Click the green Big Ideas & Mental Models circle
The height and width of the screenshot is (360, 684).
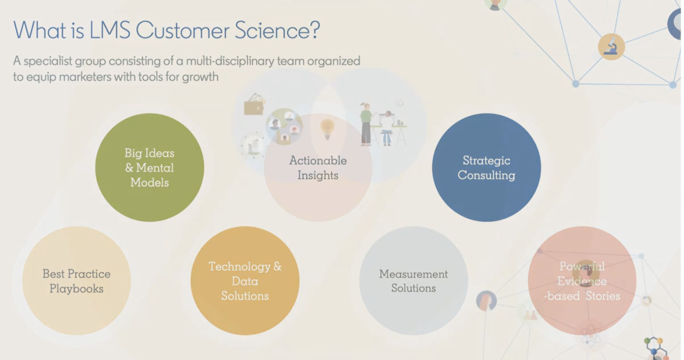(149, 167)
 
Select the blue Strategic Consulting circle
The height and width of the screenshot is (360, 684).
(486, 167)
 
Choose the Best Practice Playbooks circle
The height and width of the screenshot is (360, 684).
(77, 280)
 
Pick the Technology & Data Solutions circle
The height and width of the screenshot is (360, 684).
(245, 280)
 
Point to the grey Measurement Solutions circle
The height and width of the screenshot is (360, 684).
(413, 280)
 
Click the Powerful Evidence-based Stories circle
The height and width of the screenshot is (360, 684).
(582, 280)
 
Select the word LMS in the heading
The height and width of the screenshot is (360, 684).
(109, 30)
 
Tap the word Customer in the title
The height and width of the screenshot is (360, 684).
(182, 30)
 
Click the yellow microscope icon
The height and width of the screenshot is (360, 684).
(611, 47)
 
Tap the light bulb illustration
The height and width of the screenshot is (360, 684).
(327, 128)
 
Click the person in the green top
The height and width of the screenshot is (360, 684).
(366, 124)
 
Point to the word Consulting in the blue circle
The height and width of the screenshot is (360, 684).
(486, 175)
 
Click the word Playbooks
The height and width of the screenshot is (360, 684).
(77, 289)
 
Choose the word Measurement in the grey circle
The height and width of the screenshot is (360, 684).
(413, 274)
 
